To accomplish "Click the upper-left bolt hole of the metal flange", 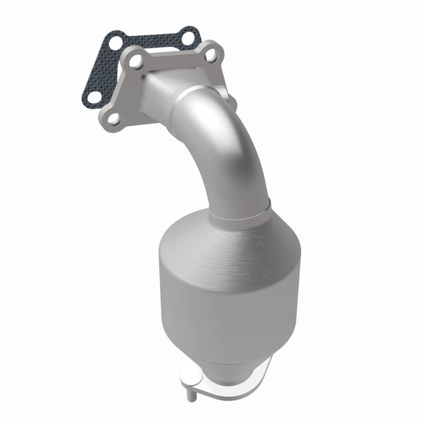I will [x=134, y=61].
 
